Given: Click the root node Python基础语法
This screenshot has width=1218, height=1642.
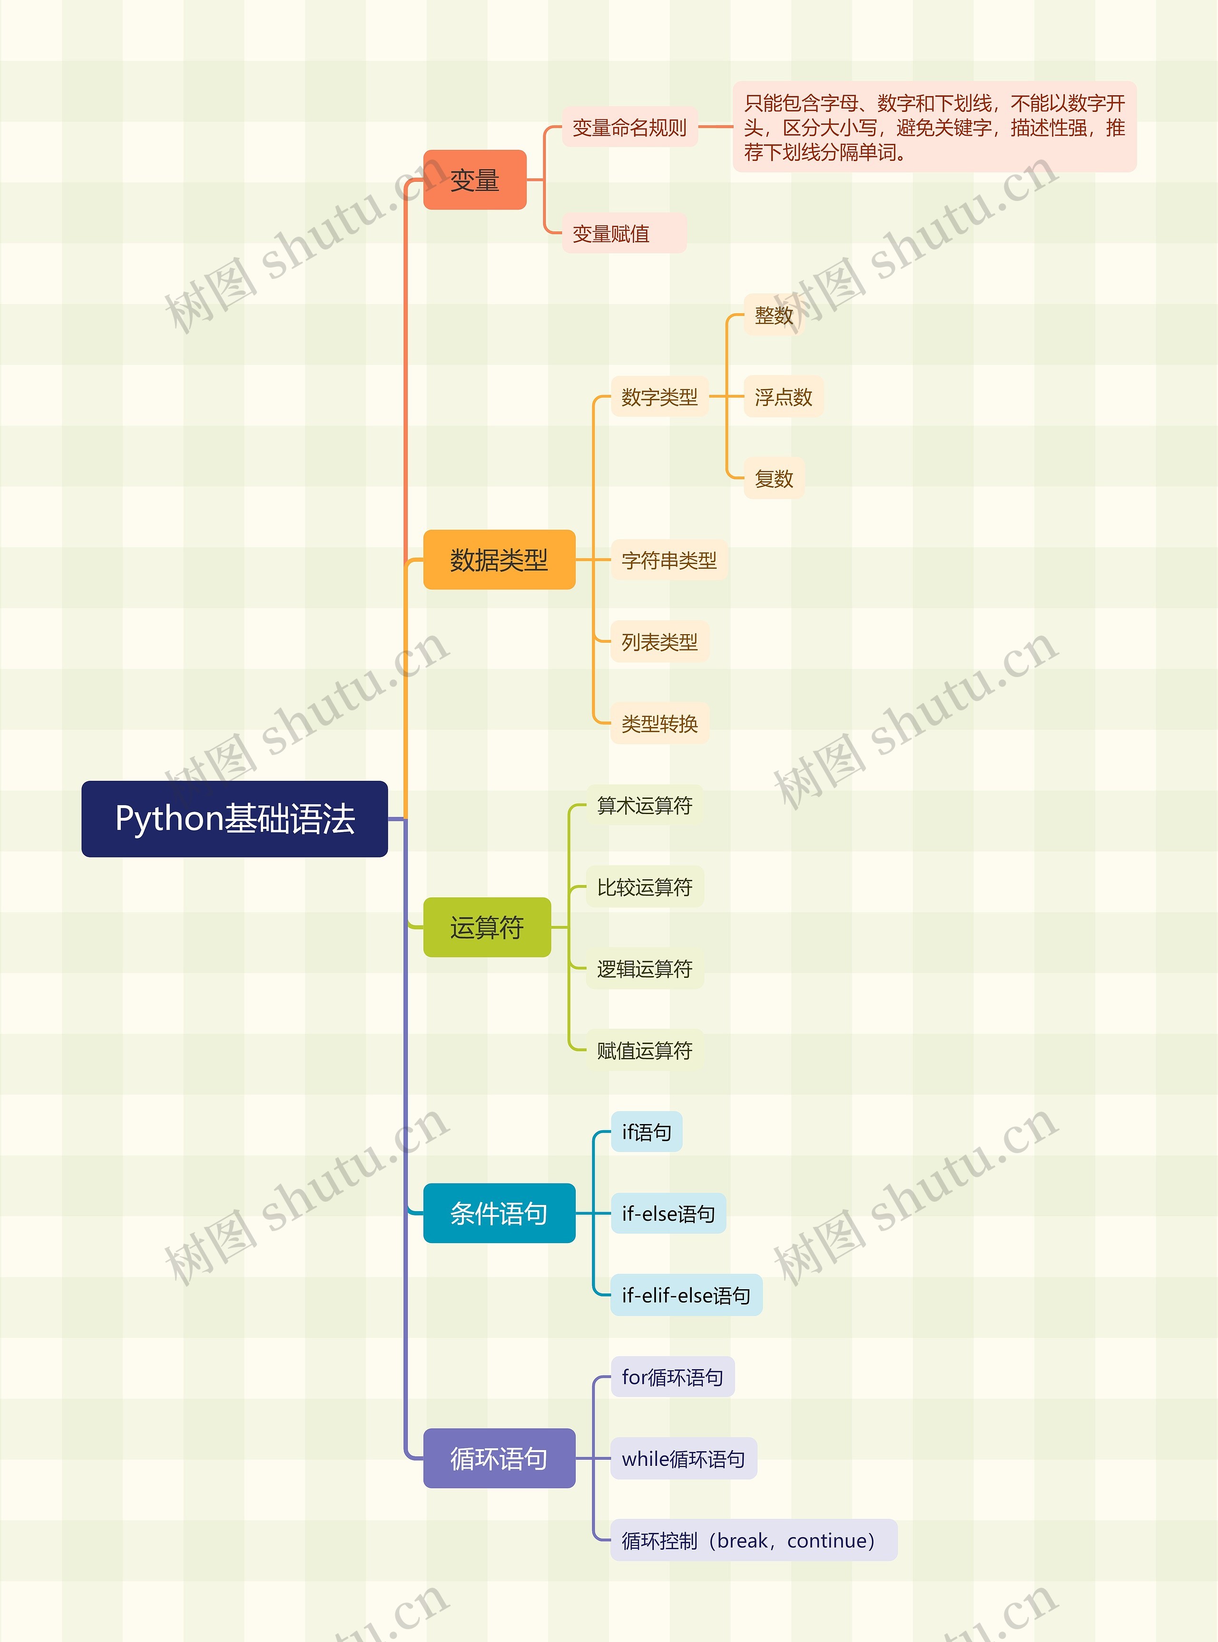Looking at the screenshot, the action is tap(235, 819).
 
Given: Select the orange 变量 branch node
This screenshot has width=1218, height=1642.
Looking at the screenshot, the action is tap(475, 180).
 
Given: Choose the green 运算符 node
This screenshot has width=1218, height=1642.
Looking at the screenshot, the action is tap(487, 927).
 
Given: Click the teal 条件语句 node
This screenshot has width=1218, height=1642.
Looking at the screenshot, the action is tap(499, 1214).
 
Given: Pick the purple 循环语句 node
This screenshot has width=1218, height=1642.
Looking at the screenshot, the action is tap(499, 1458).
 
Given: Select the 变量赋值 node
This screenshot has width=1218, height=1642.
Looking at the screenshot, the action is tap(624, 234).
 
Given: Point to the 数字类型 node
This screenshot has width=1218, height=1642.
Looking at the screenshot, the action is tap(659, 397).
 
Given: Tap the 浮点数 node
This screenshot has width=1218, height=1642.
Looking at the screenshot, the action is tap(783, 397).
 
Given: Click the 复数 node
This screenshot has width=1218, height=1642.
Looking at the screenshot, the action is tap(774, 479).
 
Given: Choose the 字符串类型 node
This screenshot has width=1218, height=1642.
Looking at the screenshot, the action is tap(669, 561).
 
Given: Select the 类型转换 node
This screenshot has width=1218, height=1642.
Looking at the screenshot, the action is tap(659, 724).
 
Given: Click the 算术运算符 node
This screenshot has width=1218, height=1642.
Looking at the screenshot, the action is tap(644, 806).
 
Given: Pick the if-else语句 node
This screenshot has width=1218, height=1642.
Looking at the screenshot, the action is tap(668, 1214).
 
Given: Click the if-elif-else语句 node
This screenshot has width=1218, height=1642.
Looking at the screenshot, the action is tap(686, 1295).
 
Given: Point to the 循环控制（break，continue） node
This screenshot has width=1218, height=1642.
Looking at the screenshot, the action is tap(753, 1540).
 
